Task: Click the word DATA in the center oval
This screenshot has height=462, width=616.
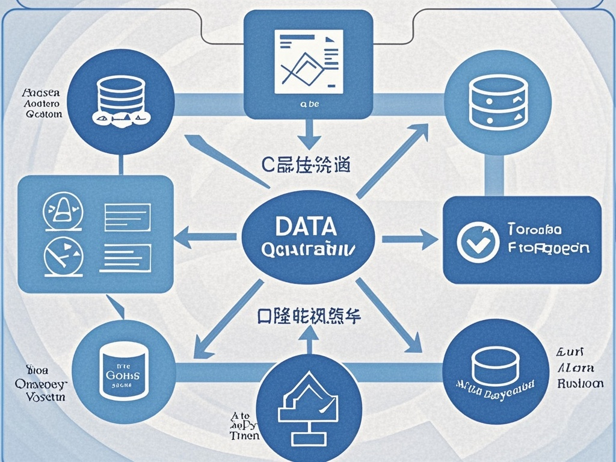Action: point(306,226)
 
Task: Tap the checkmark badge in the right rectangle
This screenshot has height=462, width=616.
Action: point(478,241)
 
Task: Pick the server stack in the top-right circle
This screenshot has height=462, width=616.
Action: point(497,102)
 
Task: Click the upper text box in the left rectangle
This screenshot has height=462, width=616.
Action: point(127,217)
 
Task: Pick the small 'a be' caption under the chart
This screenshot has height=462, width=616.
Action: point(309,104)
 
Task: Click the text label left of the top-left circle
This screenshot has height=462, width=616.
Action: point(41,103)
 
